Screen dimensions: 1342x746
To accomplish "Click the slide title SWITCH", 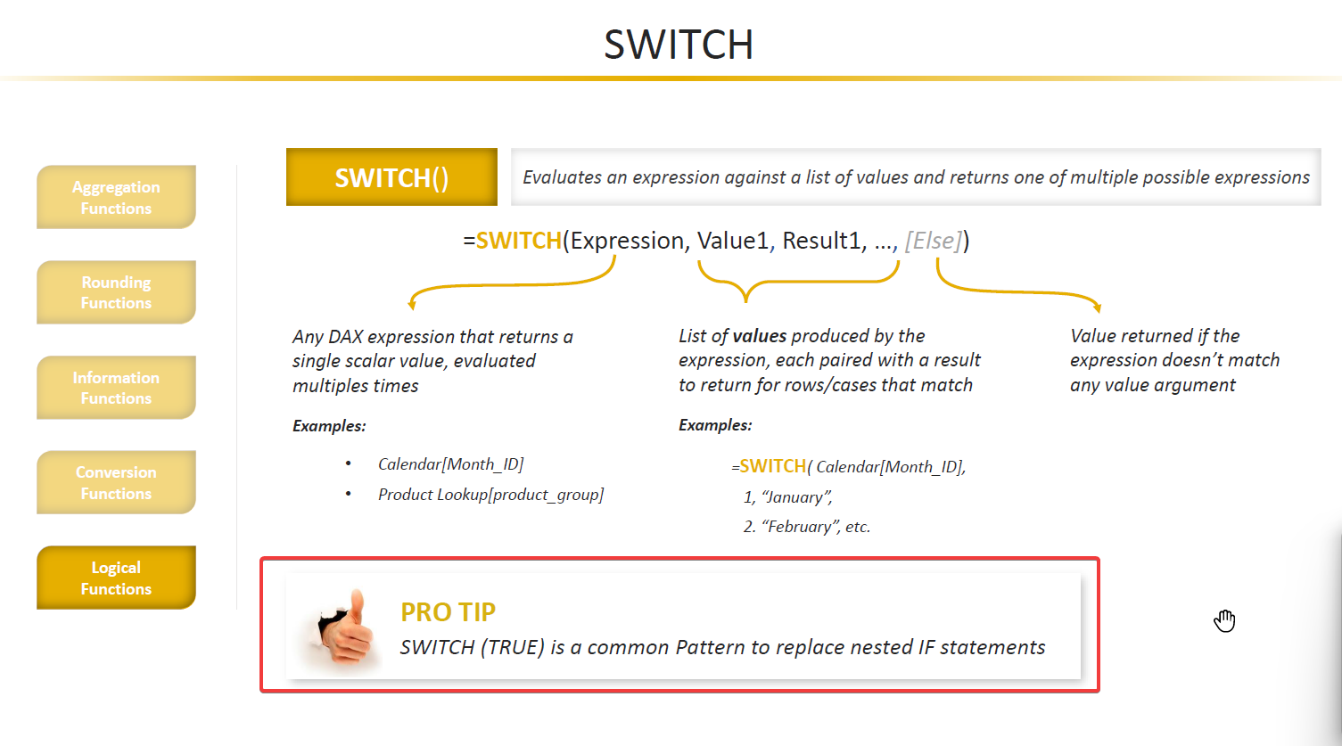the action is (679, 45).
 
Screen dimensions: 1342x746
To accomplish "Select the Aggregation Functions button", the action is (116, 197).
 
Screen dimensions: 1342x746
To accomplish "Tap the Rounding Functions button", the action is (116, 292).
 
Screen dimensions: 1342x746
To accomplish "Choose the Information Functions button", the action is (116, 388).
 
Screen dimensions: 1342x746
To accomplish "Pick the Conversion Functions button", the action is (116, 482).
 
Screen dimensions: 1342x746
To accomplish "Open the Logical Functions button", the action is (116, 578).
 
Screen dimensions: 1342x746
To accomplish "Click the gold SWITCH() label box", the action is (391, 177).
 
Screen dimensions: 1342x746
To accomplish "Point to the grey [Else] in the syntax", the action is (934, 241).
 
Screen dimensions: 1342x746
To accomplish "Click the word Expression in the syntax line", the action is (627, 241).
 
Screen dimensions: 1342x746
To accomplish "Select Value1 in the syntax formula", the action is (733, 241).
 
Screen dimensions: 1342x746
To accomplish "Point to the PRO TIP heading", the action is (449, 612).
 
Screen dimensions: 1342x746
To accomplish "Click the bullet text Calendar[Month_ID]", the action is (450, 464).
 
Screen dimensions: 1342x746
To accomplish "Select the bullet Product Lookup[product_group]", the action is (490, 495).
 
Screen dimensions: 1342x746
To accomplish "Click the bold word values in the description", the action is (759, 336).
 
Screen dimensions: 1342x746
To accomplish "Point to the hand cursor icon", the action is (1224, 620).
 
